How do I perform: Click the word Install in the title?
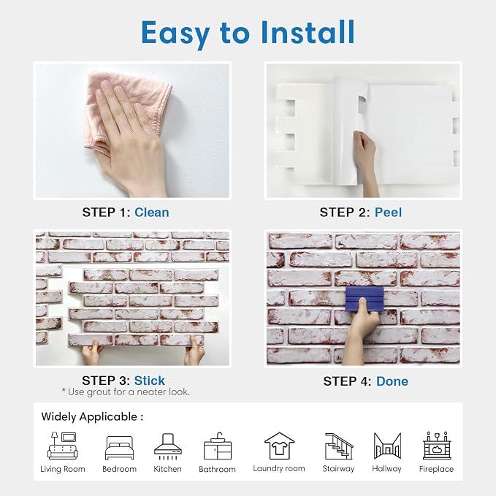308,32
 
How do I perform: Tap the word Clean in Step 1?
152,213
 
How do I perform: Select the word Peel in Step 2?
388,213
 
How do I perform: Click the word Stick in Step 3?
149,381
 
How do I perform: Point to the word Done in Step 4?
392,381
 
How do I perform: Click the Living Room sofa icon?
63,446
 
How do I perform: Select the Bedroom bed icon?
119,448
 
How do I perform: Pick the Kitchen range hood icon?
168,446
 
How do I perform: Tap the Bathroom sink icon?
217,446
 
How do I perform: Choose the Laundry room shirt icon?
279,446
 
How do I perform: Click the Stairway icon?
338,446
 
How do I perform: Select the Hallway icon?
387,446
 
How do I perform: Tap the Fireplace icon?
437,446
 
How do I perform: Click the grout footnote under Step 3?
126,392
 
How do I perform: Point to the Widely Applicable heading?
92,416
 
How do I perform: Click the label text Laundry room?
279,468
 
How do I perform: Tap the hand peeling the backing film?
366,161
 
